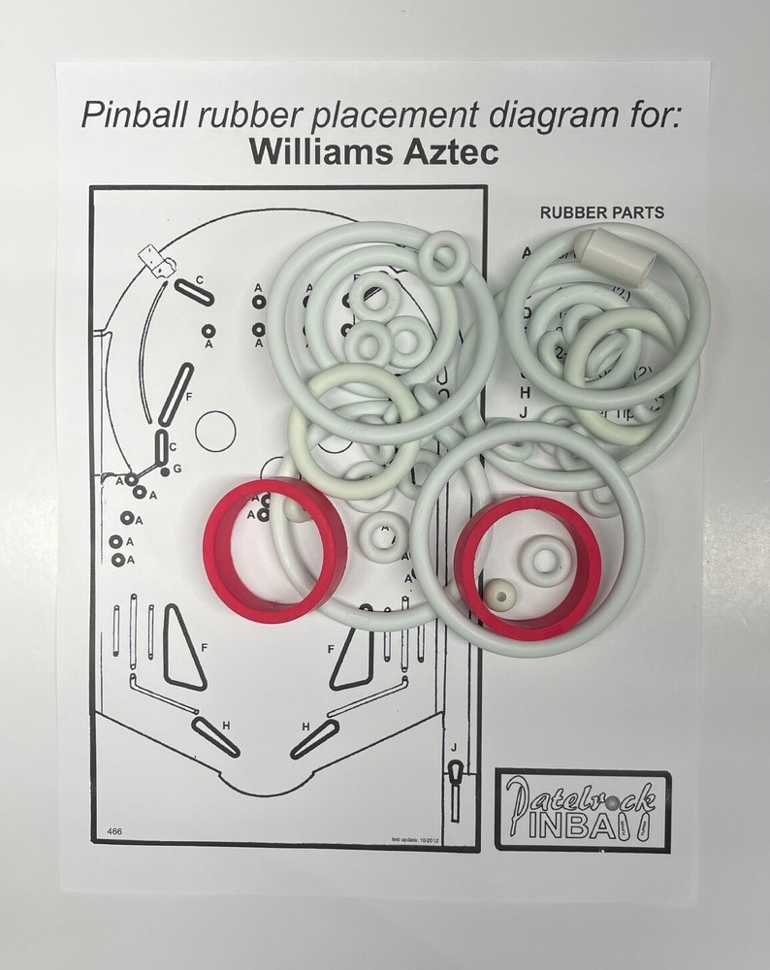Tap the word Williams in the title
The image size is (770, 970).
tap(315, 151)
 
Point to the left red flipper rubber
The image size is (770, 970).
tap(275, 549)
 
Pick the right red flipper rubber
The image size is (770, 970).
tap(529, 563)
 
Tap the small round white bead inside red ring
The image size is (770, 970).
tap(498, 594)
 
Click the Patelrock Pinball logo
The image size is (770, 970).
tap(582, 810)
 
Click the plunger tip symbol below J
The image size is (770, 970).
tap(455, 773)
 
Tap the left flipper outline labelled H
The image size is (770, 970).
tap(215, 736)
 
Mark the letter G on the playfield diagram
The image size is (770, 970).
tap(176, 469)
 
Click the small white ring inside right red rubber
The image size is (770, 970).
tap(545, 559)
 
